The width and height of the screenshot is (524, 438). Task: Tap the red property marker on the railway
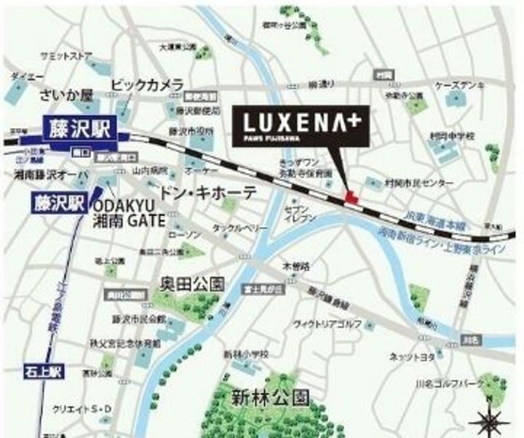tap(351, 196)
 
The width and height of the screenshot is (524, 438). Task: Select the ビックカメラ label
tap(147, 86)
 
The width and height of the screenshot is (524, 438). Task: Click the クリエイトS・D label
tap(83, 410)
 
